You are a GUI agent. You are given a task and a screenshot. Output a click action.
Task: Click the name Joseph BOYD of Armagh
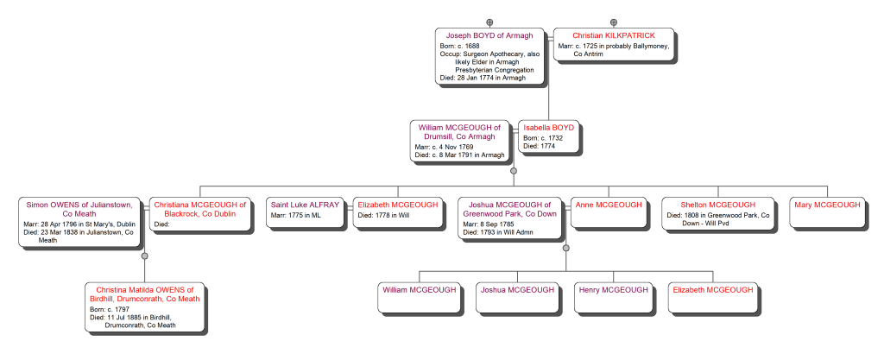tap(489, 35)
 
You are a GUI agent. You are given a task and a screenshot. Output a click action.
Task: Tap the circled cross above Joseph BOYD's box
tap(489, 22)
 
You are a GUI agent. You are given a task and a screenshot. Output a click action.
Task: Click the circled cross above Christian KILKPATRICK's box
tap(614, 22)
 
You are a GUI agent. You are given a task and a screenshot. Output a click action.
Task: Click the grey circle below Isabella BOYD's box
tap(514, 170)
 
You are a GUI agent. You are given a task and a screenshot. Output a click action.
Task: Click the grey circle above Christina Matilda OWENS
tap(145, 256)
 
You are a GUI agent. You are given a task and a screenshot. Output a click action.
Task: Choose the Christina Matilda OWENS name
tap(144, 294)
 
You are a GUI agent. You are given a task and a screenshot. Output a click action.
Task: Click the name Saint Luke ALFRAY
tap(305, 205)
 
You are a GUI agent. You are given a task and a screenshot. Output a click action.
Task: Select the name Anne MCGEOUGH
tap(609, 205)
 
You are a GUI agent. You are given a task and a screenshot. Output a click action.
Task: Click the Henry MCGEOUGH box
tap(612, 297)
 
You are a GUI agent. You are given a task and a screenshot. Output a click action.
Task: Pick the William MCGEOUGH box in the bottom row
tap(420, 297)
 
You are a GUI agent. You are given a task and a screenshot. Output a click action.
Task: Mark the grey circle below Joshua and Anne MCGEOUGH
tap(566, 249)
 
